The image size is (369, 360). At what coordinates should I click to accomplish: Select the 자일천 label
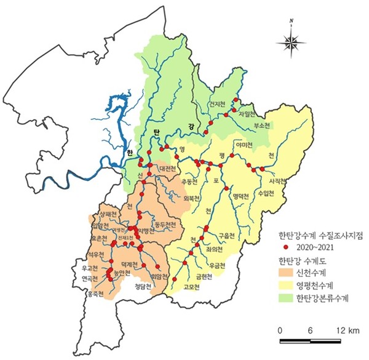pyautogui.click(x=247, y=114)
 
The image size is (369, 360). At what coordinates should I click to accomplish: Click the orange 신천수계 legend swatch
pyautogui.click(x=285, y=271)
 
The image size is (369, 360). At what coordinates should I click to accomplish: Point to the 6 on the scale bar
pyautogui.click(x=311, y=330)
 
